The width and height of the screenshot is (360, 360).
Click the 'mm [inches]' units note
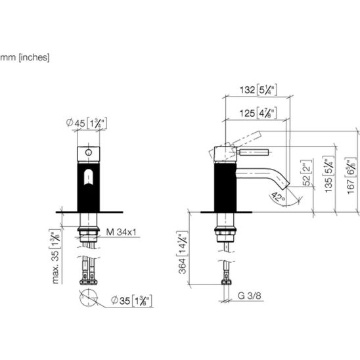tap(24, 57)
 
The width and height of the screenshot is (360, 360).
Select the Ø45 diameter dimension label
tap(87, 124)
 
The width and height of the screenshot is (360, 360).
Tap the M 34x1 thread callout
tap(122, 232)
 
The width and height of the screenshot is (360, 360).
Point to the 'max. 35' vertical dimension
tap(55, 256)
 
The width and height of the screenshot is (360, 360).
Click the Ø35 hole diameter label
tap(131, 300)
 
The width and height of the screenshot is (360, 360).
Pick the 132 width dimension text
tap(258, 90)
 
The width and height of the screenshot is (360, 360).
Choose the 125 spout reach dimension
tap(258, 113)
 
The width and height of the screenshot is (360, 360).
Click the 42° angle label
tap(279, 197)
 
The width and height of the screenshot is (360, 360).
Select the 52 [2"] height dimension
tap(307, 172)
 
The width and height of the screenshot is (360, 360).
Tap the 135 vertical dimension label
tap(328, 175)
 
